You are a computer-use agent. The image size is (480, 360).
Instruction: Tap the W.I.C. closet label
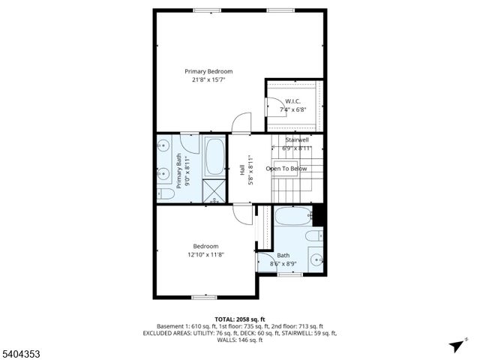[x=293, y=101]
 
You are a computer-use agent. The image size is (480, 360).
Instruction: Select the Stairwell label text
[x=297, y=140]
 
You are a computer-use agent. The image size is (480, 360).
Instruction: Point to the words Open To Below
[x=286, y=169]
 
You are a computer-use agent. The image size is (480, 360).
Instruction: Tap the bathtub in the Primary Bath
[x=215, y=155]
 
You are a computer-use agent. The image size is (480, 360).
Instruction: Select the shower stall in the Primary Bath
[x=214, y=190]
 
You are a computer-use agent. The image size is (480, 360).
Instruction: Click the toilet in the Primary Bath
[x=166, y=194]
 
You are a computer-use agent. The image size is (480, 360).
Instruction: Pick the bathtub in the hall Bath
[x=293, y=217]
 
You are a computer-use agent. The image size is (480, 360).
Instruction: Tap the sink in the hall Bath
[x=316, y=260]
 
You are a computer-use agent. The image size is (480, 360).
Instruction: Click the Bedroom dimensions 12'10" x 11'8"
[x=205, y=255]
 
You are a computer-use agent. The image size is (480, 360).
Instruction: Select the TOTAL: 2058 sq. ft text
[x=239, y=319]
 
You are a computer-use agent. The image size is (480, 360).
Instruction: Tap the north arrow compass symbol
[x=455, y=346]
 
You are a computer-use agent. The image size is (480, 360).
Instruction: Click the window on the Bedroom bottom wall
[x=204, y=298]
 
